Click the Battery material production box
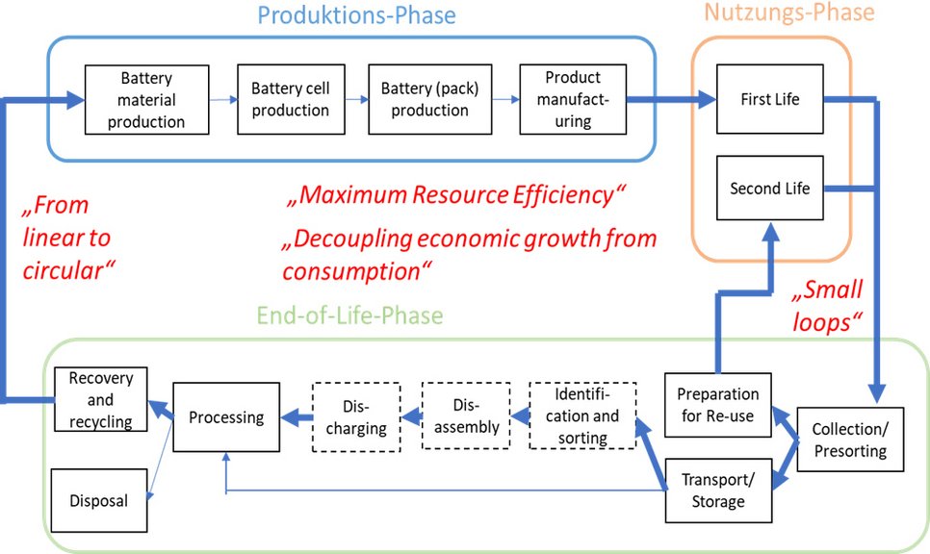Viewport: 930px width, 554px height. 146,99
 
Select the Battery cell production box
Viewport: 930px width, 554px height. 290,99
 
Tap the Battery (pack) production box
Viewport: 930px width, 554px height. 429,99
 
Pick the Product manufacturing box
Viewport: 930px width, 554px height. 572,99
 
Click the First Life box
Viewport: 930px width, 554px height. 769,99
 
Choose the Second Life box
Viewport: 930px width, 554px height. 769,189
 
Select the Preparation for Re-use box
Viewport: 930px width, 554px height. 717,405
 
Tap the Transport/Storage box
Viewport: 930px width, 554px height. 717,490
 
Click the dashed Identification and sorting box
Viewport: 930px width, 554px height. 582,415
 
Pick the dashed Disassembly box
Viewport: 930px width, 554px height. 466,415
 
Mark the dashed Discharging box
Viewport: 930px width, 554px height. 356,415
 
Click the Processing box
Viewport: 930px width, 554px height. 226,416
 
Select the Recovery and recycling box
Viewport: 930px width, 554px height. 100,399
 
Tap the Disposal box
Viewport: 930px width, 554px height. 98,500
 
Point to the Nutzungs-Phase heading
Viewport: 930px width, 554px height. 788,13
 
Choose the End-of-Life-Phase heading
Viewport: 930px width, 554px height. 349,315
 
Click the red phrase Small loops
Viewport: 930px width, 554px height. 828,306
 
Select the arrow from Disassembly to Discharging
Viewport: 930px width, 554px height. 411,416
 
